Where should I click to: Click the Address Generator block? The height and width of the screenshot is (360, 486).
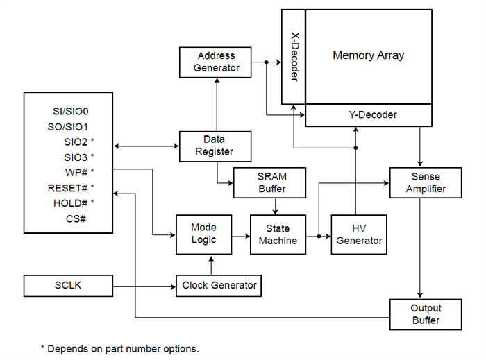tap(216, 62)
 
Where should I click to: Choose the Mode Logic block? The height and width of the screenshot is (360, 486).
tap(203, 233)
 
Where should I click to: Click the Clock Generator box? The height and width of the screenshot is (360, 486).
tap(219, 285)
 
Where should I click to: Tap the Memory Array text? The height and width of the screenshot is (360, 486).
tap(368, 55)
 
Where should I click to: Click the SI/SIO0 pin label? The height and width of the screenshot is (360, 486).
tap(71, 111)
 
